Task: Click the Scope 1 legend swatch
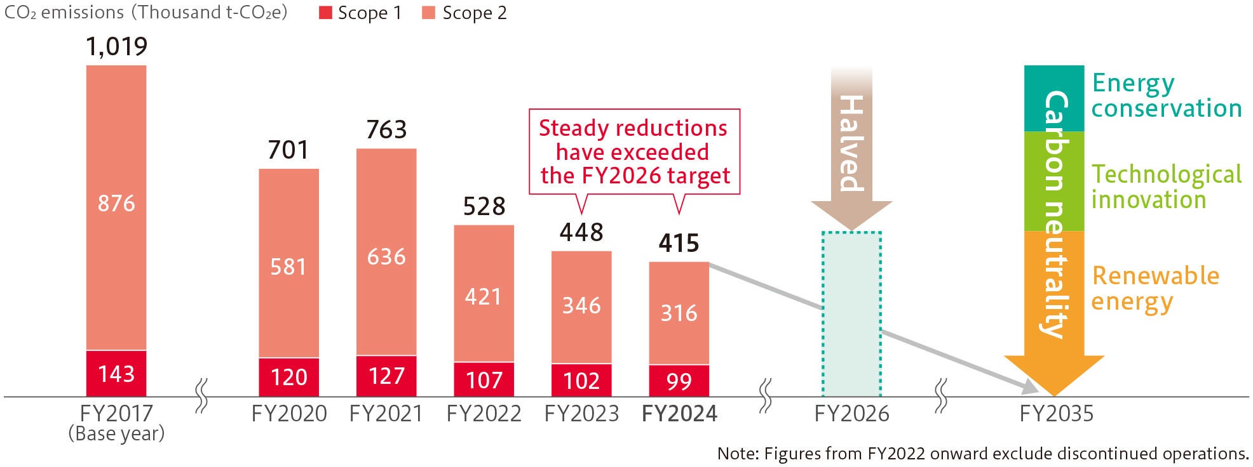pos(325,13)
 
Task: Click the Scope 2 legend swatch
pos(429,13)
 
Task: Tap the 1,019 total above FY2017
pos(116,46)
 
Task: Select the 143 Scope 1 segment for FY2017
pos(116,374)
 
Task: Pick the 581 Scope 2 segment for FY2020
pos(288,266)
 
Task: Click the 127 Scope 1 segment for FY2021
pos(386,376)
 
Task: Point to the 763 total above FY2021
pos(386,130)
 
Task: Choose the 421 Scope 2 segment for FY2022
pos(484,296)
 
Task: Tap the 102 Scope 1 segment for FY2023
pos(581,381)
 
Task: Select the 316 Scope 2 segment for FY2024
pos(679,313)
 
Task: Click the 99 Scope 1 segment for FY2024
pos(679,381)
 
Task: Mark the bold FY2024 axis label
pos(679,414)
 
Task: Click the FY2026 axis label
pos(851,414)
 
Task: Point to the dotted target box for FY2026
pos(851,314)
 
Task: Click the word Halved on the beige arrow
pos(851,143)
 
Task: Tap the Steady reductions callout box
pos(634,152)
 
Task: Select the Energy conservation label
pos(1166,96)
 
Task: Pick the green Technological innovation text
pos(1166,187)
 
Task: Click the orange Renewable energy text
pos(1155,288)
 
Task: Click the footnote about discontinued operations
pos(982,454)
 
